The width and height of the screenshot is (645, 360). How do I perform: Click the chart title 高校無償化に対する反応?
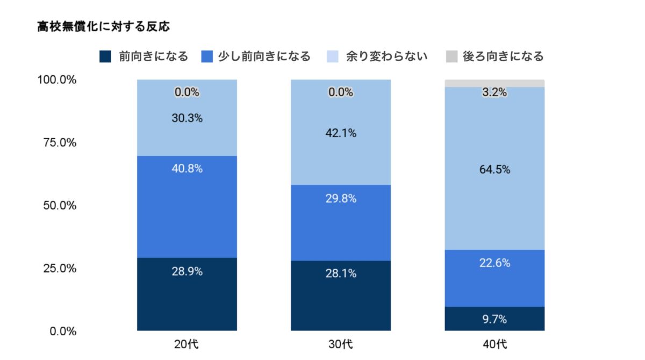(x=103, y=26)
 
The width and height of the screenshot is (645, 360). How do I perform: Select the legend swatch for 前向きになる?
(x=105, y=56)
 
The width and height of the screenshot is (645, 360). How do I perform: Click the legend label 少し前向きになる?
(x=264, y=56)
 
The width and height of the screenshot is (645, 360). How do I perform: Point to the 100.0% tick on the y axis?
(x=57, y=80)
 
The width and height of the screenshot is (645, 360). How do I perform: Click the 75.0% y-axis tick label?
(x=60, y=142)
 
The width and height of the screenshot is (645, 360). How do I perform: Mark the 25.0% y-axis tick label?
(x=60, y=268)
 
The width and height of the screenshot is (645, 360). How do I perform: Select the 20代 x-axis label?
(x=187, y=343)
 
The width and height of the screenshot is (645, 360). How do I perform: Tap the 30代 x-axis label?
(x=341, y=343)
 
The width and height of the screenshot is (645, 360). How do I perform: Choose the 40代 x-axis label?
(x=494, y=343)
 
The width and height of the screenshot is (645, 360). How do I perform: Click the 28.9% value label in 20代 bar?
(x=187, y=271)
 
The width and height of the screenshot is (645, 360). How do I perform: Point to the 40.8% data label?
(x=187, y=169)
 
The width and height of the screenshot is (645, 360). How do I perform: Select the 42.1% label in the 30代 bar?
(x=341, y=133)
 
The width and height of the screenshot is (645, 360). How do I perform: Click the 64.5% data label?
(x=494, y=170)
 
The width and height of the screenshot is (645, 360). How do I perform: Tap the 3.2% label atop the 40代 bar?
(x=494, y=92)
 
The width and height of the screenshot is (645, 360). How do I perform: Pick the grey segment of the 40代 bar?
(x=494, y=83)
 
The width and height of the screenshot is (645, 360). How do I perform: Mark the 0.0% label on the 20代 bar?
(x=187, y=92)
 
